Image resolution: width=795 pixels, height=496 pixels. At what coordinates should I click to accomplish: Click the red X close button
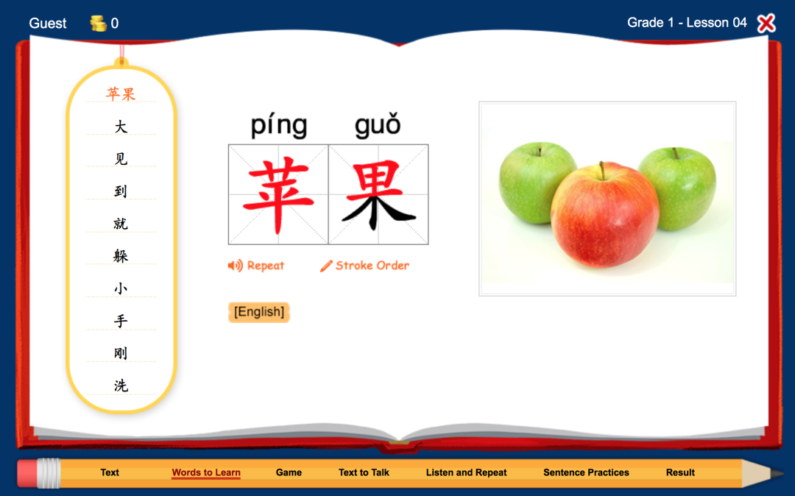[766, 24]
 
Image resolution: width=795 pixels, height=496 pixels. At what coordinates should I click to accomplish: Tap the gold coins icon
[99, 24]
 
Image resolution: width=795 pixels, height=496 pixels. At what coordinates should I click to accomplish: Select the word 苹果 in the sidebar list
[121, 94]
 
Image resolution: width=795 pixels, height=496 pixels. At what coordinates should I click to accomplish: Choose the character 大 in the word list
[121, 127]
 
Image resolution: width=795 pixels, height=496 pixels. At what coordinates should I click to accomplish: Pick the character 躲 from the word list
[121, 256]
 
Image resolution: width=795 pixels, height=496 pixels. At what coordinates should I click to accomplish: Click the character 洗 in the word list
[121, 386]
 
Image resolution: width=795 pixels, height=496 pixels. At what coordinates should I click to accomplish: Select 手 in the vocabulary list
[121, 321]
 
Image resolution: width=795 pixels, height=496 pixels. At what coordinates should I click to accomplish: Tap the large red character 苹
[278, 195]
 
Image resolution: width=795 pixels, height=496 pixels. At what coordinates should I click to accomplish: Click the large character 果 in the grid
[378, 195]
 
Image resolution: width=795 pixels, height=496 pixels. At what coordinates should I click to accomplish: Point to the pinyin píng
[280, 125]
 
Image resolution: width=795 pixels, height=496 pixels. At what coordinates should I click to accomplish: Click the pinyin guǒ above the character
[378, 125]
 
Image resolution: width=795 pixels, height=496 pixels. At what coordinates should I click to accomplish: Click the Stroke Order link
[364, 266]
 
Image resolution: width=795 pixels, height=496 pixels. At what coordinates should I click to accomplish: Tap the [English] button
[259, 312]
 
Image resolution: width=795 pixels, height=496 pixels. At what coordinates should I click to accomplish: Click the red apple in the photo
[605, 215]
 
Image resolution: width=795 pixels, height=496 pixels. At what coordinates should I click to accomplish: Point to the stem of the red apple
[602, 171]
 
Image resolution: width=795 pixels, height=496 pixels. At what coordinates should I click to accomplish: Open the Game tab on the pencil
[289, 472]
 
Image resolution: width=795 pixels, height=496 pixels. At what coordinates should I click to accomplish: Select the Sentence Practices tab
[586, 472]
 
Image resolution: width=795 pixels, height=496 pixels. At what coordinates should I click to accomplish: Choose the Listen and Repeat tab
[466, 472]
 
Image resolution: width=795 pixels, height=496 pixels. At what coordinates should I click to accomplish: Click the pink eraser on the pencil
[28, 474]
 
